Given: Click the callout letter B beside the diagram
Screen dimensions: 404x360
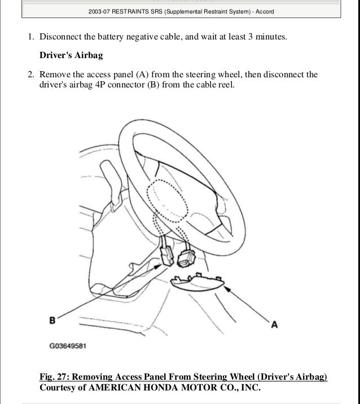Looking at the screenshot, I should point(52,320).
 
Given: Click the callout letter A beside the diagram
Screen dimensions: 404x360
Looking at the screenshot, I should point(274,324).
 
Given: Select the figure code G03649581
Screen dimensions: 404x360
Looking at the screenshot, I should point(68,346).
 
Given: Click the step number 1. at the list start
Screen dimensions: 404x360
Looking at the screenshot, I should point(32,37).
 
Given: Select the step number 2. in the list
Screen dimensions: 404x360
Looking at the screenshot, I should point(32,74).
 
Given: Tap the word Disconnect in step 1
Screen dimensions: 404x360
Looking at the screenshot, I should point(61,37).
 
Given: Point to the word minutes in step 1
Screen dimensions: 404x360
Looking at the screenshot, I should point(270,37).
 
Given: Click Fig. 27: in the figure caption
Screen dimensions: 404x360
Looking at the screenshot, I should point(56,377).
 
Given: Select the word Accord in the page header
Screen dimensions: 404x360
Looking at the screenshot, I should point(265,11).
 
